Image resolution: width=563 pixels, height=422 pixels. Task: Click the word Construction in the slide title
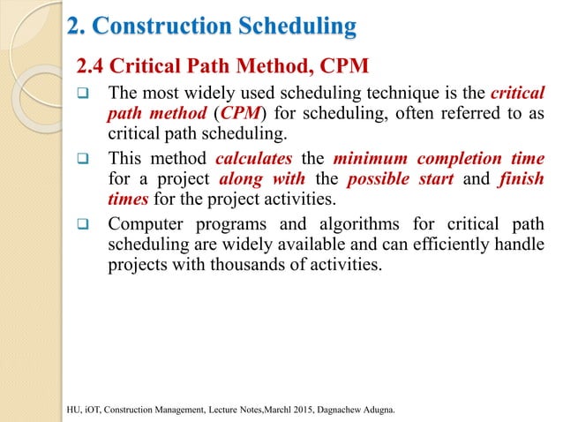[168, 27]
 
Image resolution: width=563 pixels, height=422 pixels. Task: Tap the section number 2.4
[94, 65]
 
